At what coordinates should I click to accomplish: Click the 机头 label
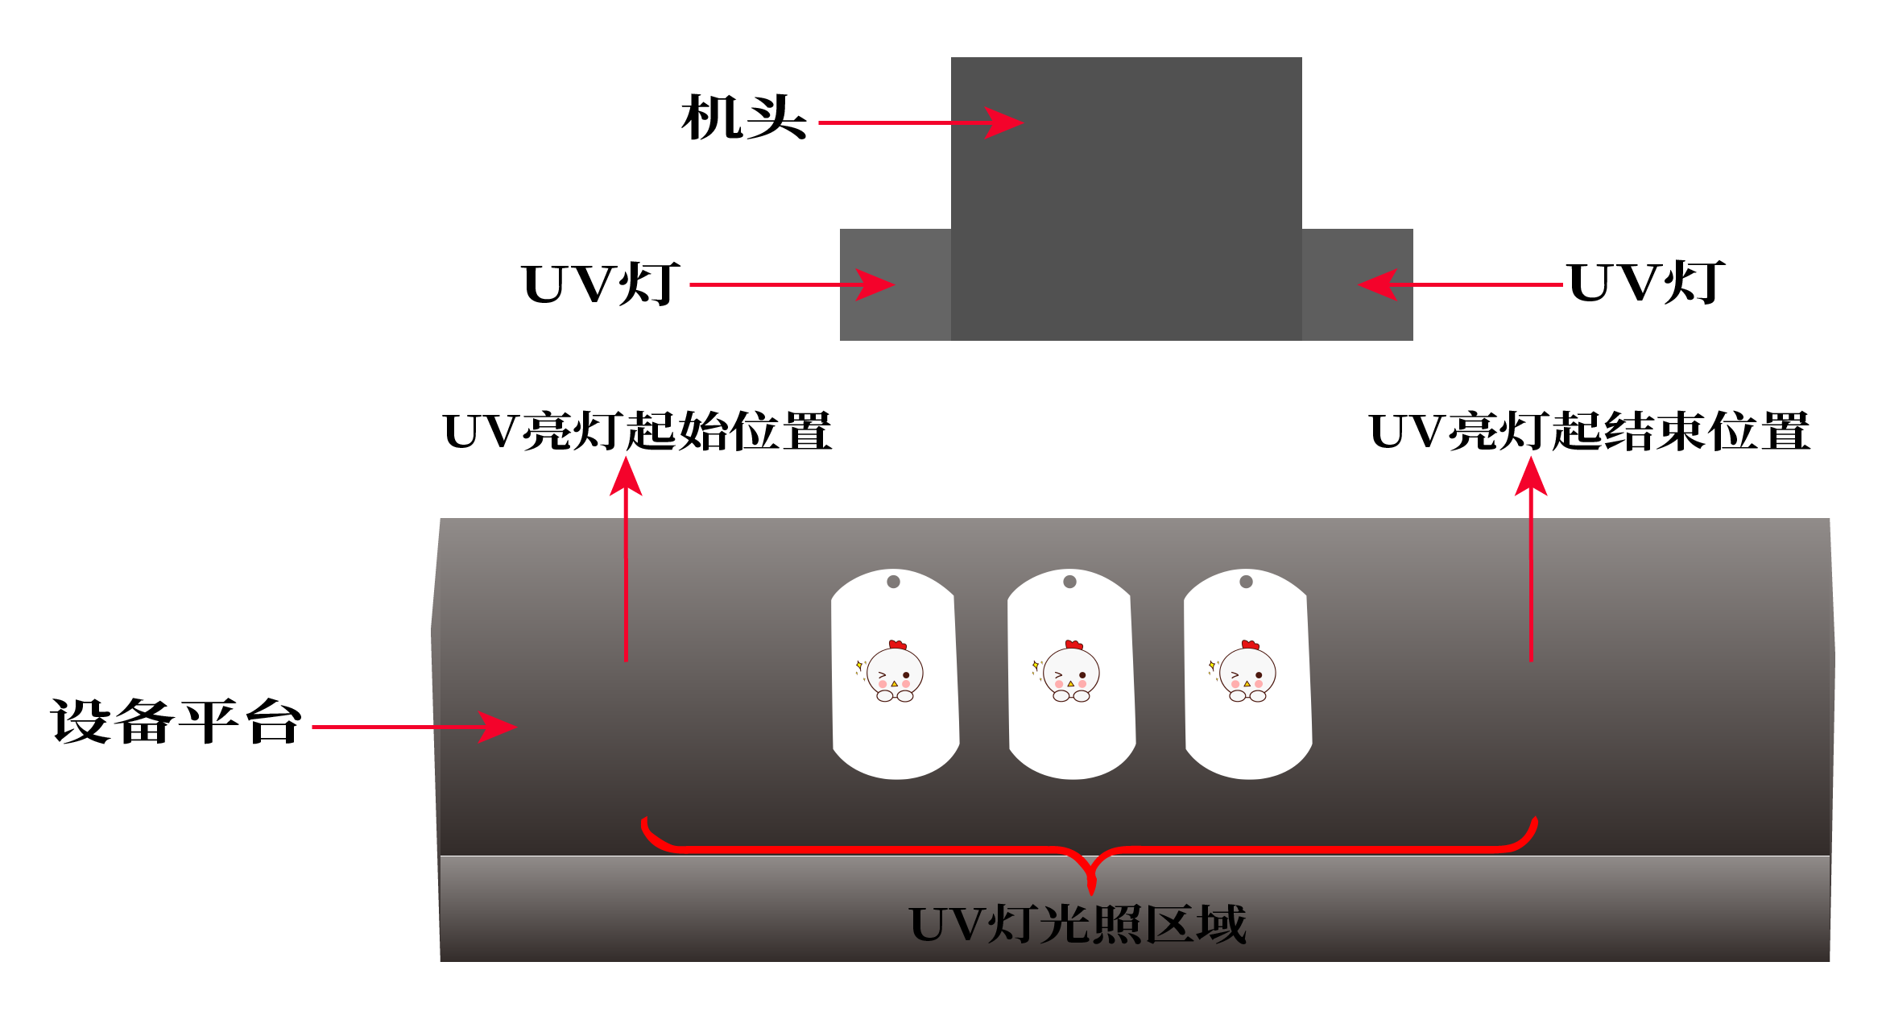(x=743, y=118)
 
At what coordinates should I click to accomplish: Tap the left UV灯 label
(x=601, y=284)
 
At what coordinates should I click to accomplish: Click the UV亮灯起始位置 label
(x=637, y=431)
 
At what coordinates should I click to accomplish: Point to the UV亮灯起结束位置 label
(x=1589, y=431)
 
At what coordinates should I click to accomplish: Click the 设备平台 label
(x=176, y=721)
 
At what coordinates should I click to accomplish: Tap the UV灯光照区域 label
(x=1077, y=924)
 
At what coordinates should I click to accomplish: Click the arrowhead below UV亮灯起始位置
(x=626, y=476)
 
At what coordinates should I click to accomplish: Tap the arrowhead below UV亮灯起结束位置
(x=1531, y=476)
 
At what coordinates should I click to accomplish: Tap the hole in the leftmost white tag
(x=893, y=582)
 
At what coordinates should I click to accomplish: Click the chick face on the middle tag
(x=1070, y=673)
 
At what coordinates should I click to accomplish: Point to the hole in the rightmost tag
(x=1246, y=582)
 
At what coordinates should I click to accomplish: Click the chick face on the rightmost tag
(x=1247, y=673)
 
